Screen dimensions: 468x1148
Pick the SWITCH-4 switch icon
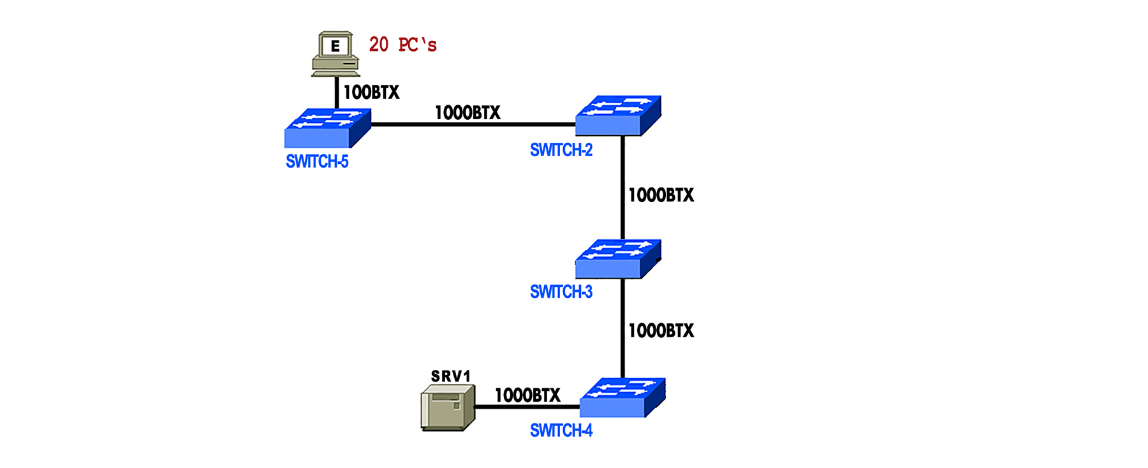pos(622,398)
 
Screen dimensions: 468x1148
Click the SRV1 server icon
pos(448,407)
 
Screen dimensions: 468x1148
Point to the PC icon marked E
pos(335,54)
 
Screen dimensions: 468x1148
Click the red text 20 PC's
pos(402,45)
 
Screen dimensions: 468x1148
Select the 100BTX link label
pos(371,92)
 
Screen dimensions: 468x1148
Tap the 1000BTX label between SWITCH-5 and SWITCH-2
pos(467,113)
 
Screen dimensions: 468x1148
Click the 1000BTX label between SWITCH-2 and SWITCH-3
pos(661,195)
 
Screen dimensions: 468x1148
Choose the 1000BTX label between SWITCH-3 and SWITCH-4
pos(661,330)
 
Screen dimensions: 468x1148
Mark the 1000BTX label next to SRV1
pos(527,395)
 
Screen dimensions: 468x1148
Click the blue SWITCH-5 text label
pos(317,162)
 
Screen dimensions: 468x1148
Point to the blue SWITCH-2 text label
pos(561,150)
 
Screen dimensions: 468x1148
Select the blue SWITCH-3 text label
pos(561,292)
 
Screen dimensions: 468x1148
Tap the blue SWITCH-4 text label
pos(561,431)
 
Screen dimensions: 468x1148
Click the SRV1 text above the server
pos(450,376)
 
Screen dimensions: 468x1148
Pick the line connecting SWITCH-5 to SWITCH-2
pos(472,124)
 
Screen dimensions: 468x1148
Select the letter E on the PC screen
pos(335,46)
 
